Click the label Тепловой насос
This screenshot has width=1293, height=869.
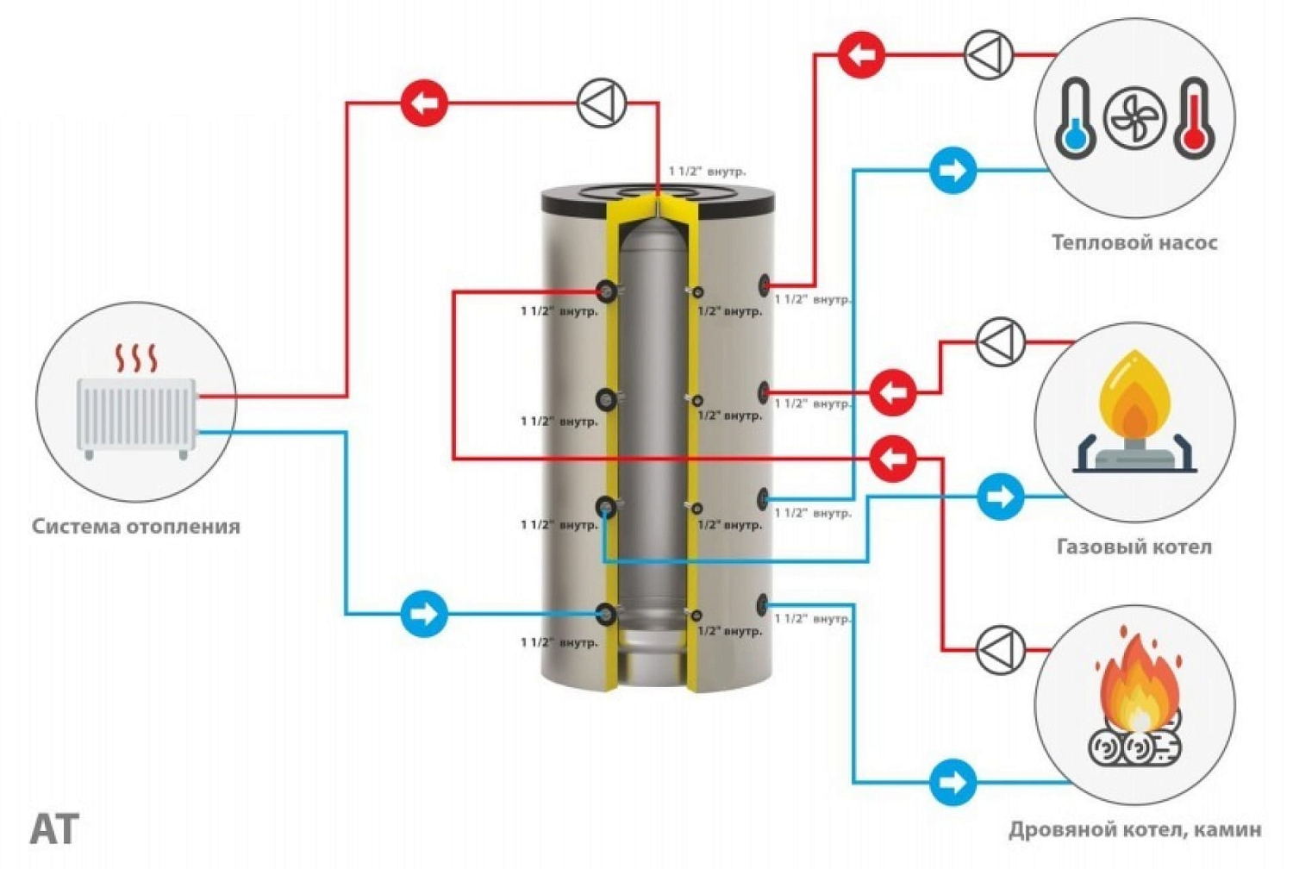coord(1134,242)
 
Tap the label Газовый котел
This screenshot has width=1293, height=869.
coord(1134,547)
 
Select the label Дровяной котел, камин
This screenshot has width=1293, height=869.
coord(1134,830)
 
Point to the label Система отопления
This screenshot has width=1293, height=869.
coord(136,526)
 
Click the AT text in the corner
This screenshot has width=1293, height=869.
coord(54,829)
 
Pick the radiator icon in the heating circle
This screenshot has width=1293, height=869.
coord(136,414)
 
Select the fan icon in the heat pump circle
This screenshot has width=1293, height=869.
coord(1134,118)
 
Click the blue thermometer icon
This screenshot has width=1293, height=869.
coord(1075,118)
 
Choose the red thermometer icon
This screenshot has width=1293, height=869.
coord(1195,118)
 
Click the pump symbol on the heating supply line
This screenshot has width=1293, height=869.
coord(601,103)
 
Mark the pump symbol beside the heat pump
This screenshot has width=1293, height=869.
coord(988,54)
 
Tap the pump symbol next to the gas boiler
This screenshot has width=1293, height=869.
coord(1001,342)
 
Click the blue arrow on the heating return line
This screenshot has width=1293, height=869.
coord(424,614)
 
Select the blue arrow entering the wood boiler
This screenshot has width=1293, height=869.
coord(953,782)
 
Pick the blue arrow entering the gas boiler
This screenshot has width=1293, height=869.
coord(1000,497)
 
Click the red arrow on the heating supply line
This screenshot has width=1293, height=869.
coord(424,103)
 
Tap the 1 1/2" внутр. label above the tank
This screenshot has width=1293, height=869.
coord(708,172)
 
